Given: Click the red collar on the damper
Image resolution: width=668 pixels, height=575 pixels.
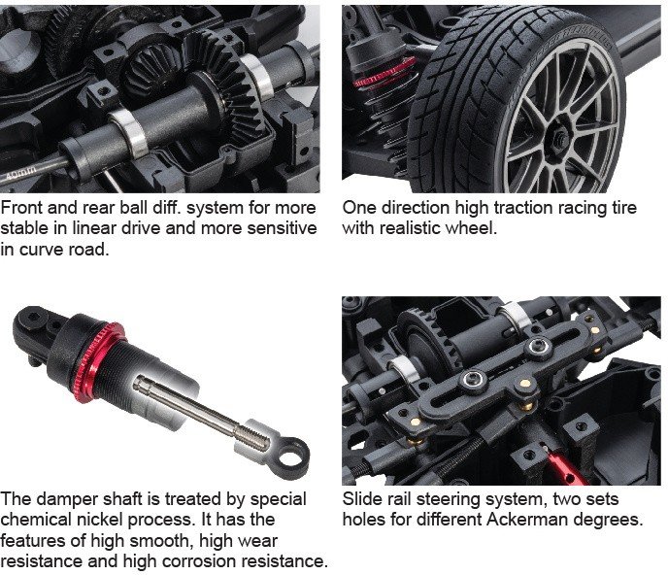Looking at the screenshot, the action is tap(98, 363).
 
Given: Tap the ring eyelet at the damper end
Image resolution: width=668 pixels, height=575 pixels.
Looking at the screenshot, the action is tap(291, 457).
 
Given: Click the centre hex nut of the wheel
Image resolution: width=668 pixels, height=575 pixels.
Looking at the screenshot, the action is tap(560, 136).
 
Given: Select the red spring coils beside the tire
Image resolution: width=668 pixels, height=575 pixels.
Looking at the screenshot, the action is tap(385, 73).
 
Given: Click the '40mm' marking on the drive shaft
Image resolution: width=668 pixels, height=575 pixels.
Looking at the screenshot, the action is tap(20, 174).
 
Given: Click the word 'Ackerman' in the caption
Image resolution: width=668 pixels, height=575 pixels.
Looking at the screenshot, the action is tap(527, 520).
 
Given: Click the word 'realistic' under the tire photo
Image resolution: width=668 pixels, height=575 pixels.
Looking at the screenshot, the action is tap(409, 228).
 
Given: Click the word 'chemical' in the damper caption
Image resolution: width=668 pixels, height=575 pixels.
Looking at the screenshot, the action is tap(36, 520).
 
